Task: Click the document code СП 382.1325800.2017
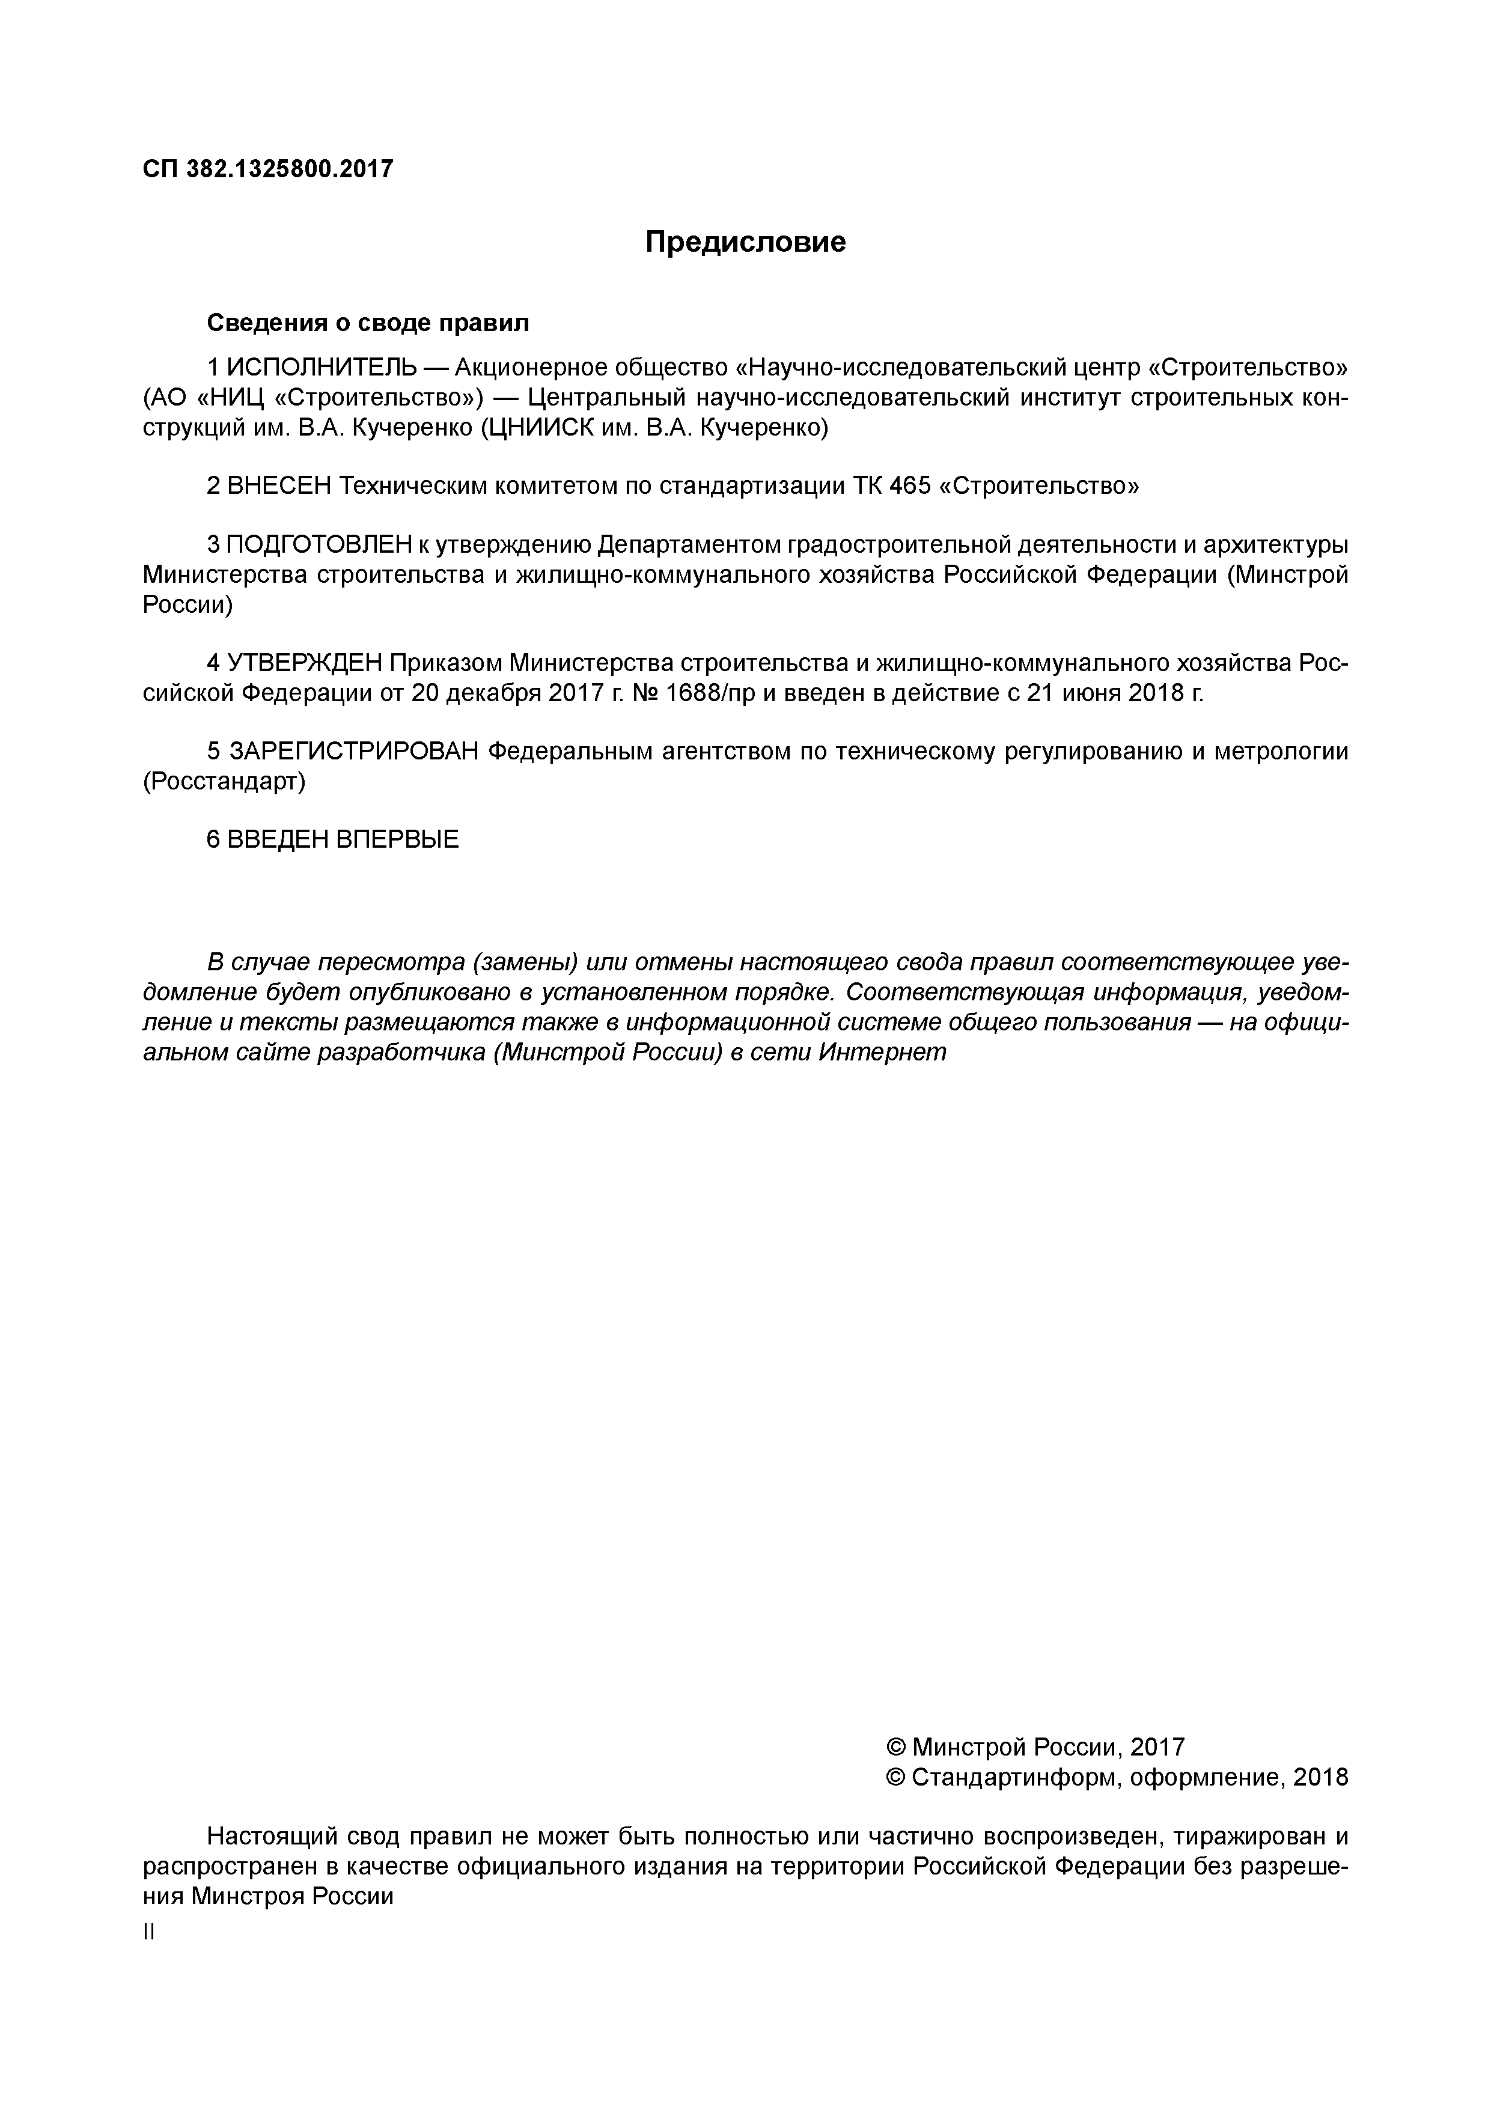pyautogui.click(x=268, y=170)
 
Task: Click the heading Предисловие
pyautogui.click(x=745, y=242)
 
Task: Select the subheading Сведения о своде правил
pyautogui.click(x=368, y=323)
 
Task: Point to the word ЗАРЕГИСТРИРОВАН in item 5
pyautogui.click(x=353, y=752)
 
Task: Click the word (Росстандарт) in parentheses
pyautogui.click(x=224, y=782)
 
